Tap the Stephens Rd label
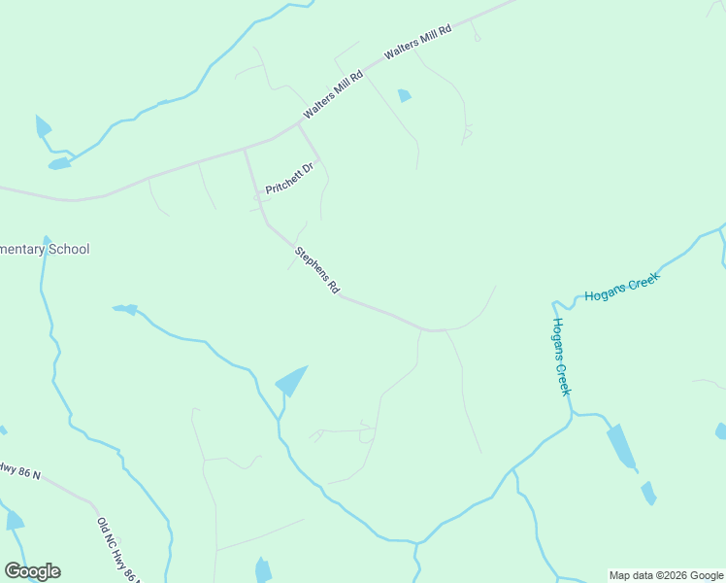[x=317, y=270]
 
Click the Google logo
[x=32, y=571]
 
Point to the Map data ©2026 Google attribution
[x=666, y=575]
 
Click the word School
[x=68, y=250]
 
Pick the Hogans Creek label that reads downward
[x=560, y=356]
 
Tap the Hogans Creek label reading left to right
[x=621, y=287]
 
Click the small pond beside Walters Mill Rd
[x=404, y=95]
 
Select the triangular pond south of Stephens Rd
[x=291, y=381]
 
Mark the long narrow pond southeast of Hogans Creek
[x=621, y=446]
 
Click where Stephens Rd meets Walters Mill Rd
[x=244, y=150]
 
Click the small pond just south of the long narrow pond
[x=647, y=493]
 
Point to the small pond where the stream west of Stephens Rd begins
[x=125, y=310]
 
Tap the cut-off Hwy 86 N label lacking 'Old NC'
[x=19, y=470]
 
